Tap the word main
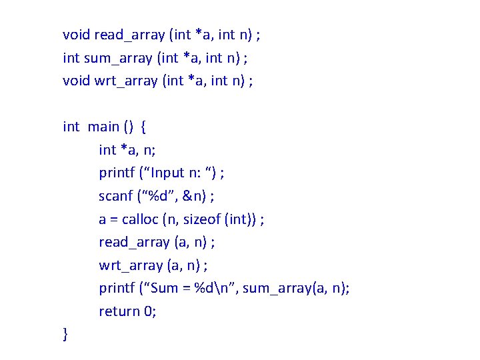tap(103, 127)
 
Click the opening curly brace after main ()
tap(145, 127)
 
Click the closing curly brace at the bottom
tap(65, 334)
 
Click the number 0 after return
tap(150, 311)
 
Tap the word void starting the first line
tap(77, 35)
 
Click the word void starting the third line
tap(77, 81)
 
